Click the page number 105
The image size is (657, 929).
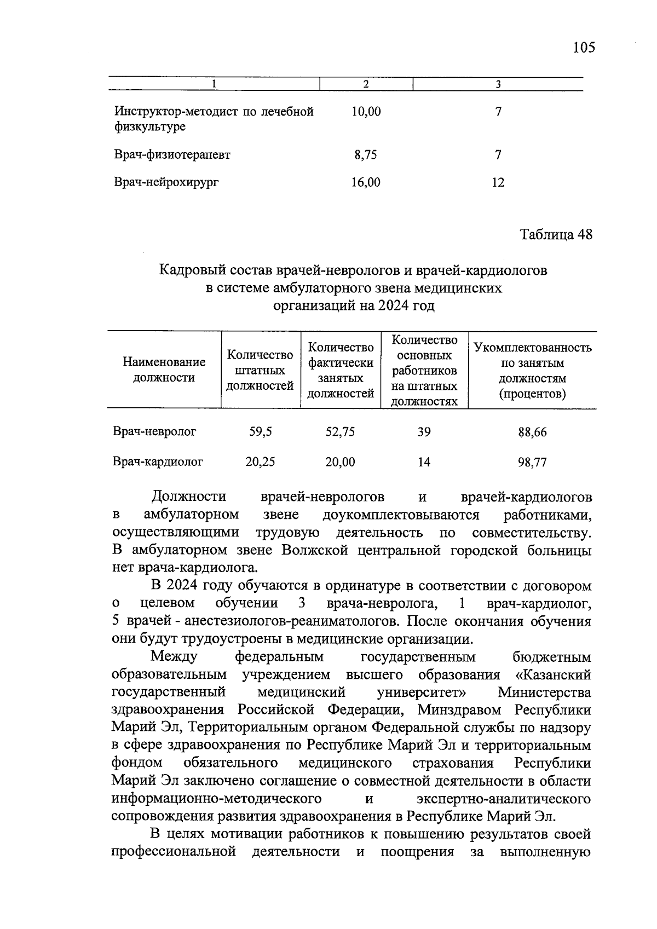584,48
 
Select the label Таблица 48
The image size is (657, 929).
556,235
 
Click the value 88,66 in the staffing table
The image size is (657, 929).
532,432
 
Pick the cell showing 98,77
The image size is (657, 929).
532,463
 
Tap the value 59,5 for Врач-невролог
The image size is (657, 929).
260,432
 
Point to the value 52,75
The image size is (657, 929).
340,432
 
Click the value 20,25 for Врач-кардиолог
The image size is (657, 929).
260,462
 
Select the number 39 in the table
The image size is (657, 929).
424,432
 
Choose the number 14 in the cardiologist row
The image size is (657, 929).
424,462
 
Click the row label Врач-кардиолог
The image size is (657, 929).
158,462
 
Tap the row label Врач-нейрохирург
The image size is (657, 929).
166,182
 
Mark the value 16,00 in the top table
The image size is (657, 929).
366,182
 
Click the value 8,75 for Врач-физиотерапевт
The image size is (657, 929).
366,155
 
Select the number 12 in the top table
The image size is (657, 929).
498,182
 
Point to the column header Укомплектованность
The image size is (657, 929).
532,348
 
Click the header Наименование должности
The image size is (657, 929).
164,370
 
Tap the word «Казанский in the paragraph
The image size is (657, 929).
553,675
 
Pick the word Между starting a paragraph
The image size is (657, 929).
174,657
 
